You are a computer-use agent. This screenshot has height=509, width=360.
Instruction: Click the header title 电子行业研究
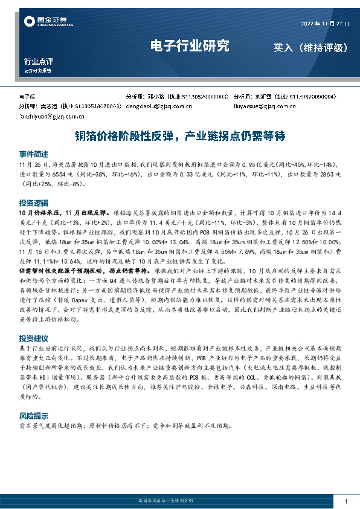point(189,46)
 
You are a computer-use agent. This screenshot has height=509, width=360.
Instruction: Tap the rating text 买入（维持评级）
point(310,47)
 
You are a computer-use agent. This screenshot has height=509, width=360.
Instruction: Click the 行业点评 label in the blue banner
point(39,61)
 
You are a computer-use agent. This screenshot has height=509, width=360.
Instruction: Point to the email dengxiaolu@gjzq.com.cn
point(159,107)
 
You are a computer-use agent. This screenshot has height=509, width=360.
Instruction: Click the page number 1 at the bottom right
point(345,502)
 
